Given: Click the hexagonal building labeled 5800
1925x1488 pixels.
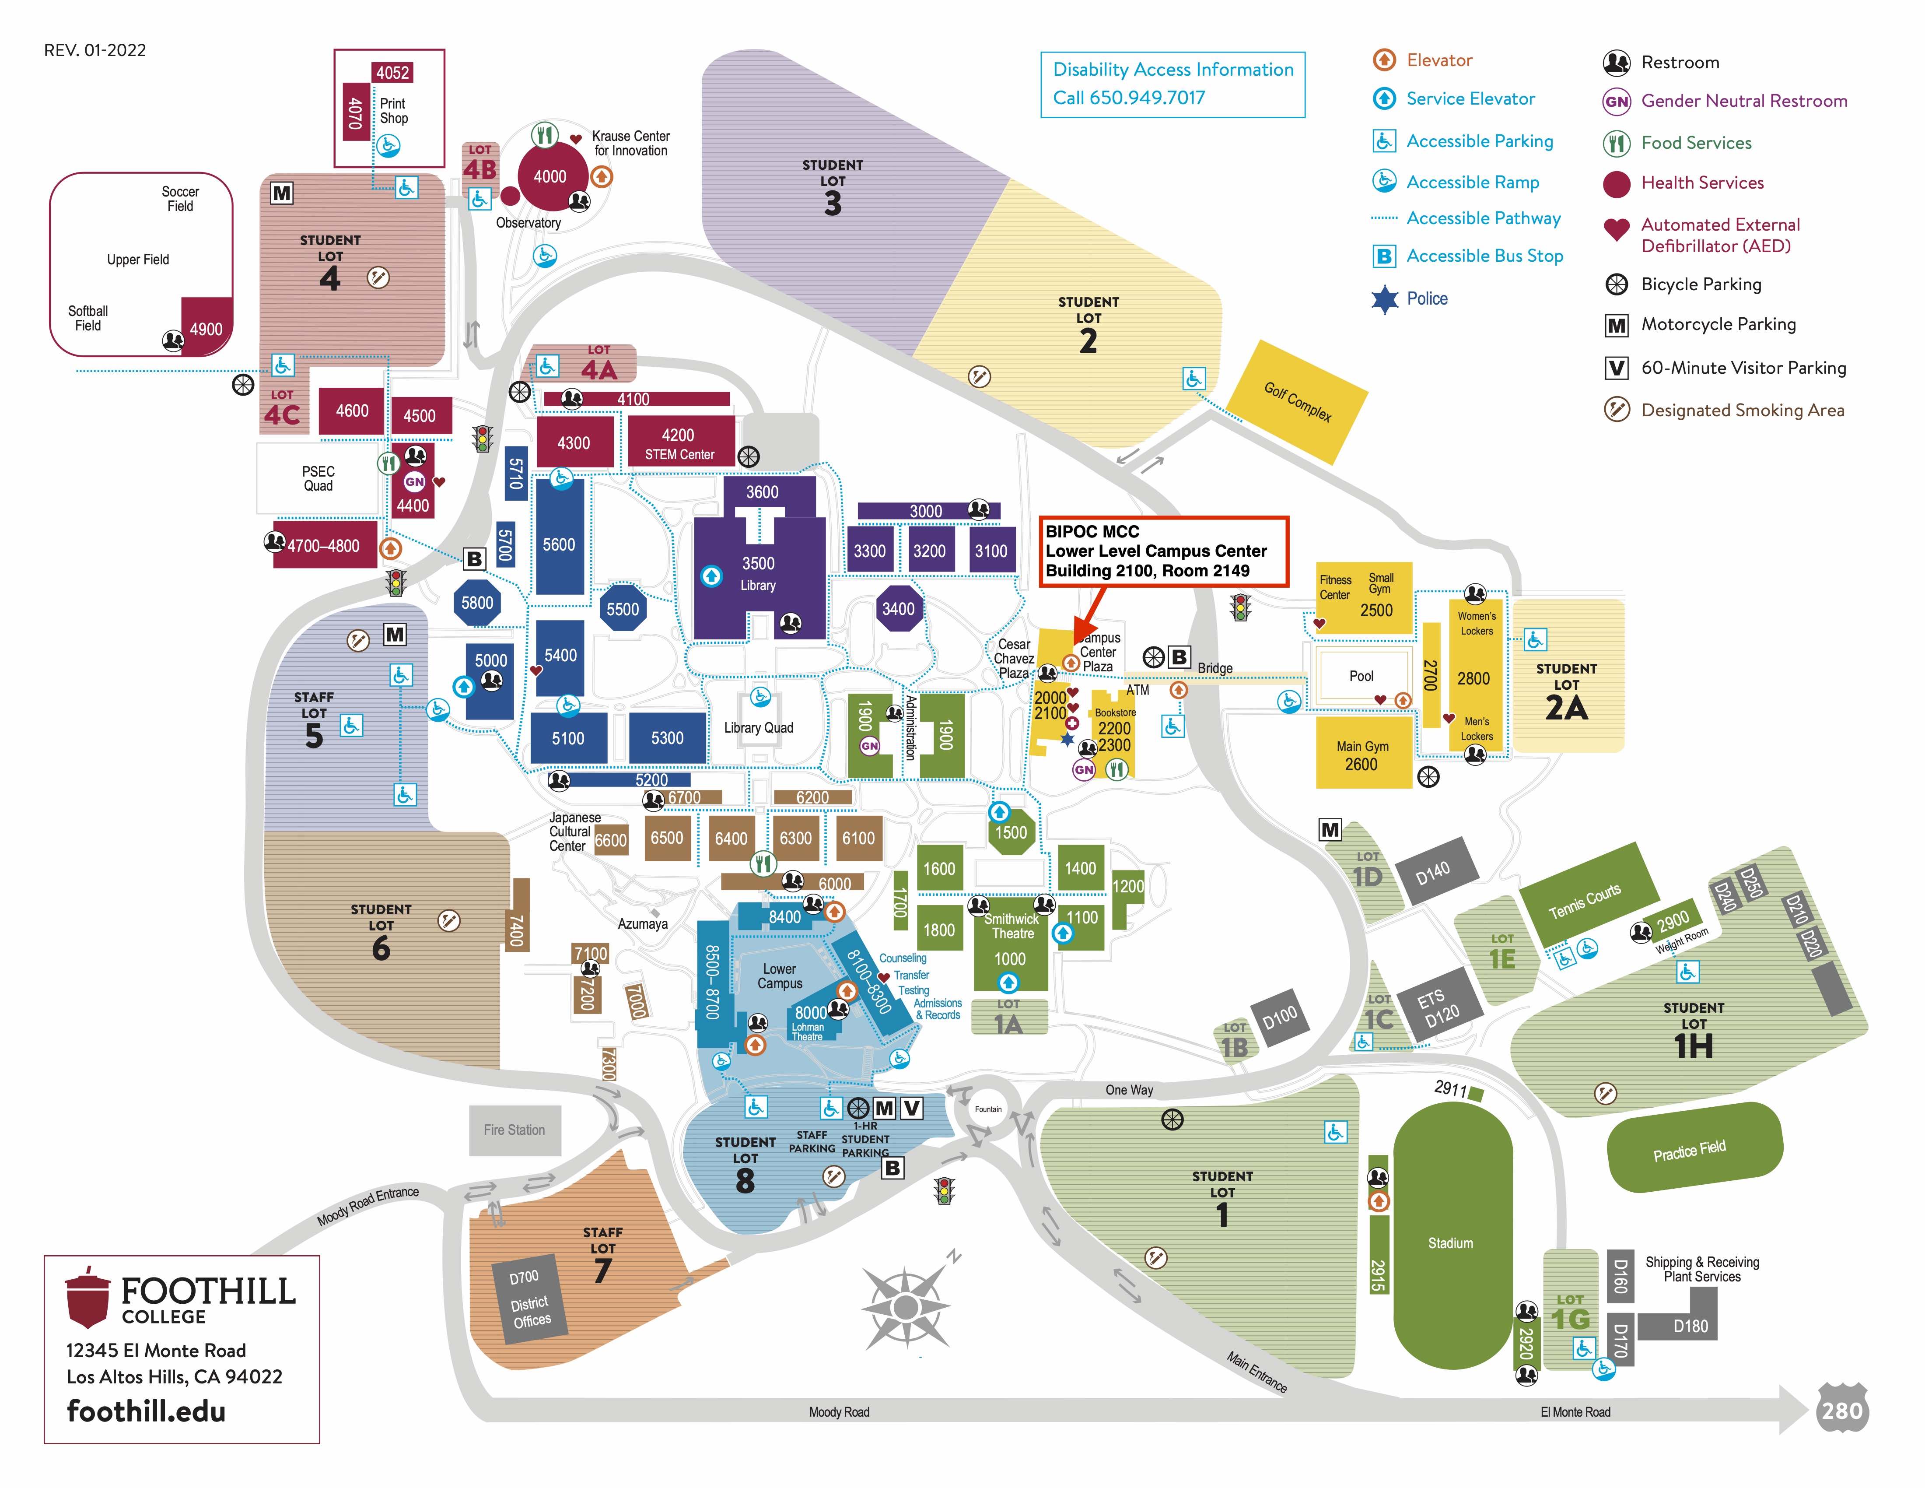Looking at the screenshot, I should pos(477,603).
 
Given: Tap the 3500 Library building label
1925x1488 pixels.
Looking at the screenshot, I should pos(758,573).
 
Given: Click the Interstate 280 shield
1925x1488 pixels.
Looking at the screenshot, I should pos(1841,1411).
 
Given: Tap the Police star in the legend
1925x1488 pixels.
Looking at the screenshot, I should pos(1385,299).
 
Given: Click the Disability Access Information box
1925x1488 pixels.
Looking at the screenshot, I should pos(1172,84).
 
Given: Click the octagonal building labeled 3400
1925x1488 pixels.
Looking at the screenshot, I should pos(898,608).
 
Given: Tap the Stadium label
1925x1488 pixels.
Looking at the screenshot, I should pos(1450,1243).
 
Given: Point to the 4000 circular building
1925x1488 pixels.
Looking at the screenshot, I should pos(550,176).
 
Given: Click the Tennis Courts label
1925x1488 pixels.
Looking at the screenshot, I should pos(1585,900).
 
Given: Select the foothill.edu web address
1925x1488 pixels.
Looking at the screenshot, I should pos(146,1411).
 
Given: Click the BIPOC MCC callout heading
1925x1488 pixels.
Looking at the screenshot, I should pos(1092,532).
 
